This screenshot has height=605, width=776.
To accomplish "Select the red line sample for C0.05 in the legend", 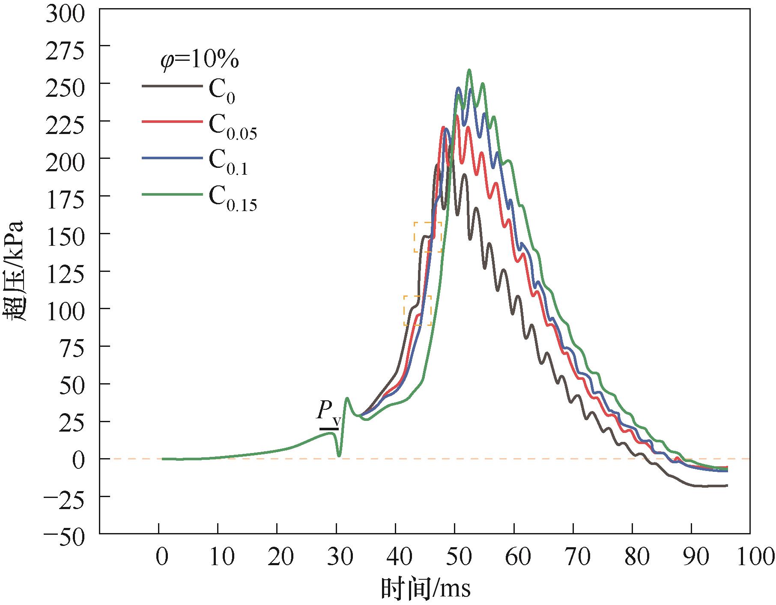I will (171, 122).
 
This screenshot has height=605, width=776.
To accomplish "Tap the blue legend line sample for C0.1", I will (171, 158).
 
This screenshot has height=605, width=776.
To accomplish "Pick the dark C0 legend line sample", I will (171, 86).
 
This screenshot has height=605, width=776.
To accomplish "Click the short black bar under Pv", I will (329, 429).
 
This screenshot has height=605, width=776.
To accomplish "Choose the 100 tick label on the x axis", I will (749, 558).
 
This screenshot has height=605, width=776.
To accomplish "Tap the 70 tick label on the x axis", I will (573, 558).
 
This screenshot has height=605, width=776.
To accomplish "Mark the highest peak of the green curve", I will (469, 70).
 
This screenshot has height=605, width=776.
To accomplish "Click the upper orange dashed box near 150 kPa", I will (427, 237).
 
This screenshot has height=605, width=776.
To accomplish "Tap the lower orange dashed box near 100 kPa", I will (418, 310).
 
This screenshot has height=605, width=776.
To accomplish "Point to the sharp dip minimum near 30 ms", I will (339, 456).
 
